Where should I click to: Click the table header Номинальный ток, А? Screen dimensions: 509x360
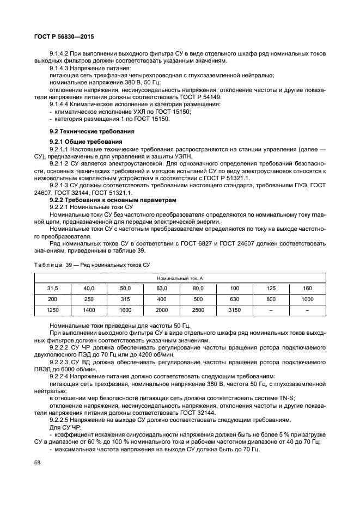180,278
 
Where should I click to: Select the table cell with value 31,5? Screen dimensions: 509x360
52,288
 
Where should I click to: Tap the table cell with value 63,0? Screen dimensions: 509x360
161,288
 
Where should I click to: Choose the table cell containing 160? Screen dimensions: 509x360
307,288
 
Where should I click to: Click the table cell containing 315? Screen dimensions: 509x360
125,299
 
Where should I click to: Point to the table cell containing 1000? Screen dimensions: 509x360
307,299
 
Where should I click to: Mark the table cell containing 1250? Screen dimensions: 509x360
52,310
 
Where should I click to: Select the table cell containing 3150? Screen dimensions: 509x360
234,310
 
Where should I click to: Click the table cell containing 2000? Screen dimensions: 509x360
161,310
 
